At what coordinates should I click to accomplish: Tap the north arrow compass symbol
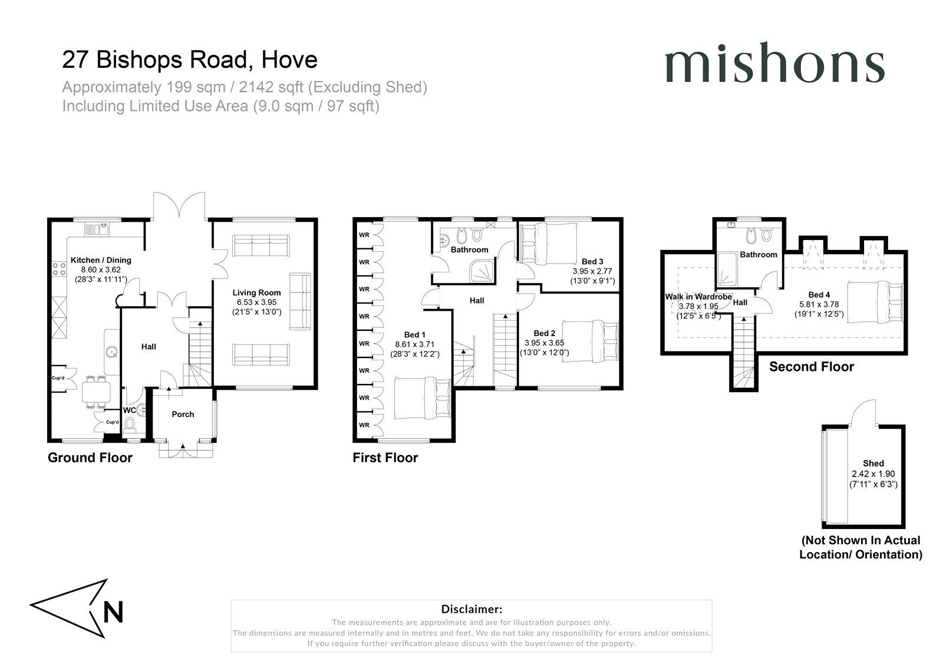[77, 608]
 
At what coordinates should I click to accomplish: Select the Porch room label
[183, 414]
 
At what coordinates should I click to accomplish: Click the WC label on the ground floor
[129, 410]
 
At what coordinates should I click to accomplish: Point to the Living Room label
[256, 293]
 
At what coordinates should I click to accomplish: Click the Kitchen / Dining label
[101, 260]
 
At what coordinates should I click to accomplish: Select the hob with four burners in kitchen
[60, 270]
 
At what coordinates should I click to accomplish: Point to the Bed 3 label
[592, 261]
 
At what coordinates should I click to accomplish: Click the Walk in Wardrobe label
[698, 297]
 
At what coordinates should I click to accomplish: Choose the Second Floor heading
[811, 367]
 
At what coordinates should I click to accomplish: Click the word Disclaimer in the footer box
[471, 609]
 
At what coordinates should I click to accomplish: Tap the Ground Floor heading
[90, 458]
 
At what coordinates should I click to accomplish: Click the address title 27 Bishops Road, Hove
[190, 60]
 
